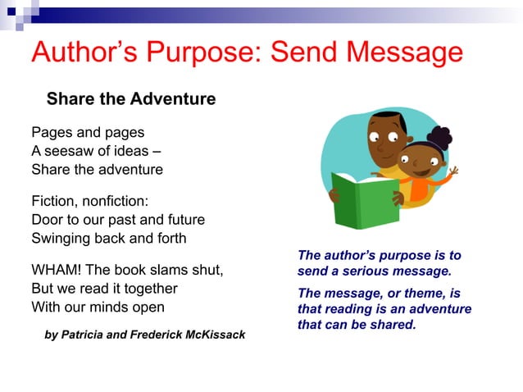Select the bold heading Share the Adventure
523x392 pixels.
[131, 99]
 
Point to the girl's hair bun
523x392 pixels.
[440, 135]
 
